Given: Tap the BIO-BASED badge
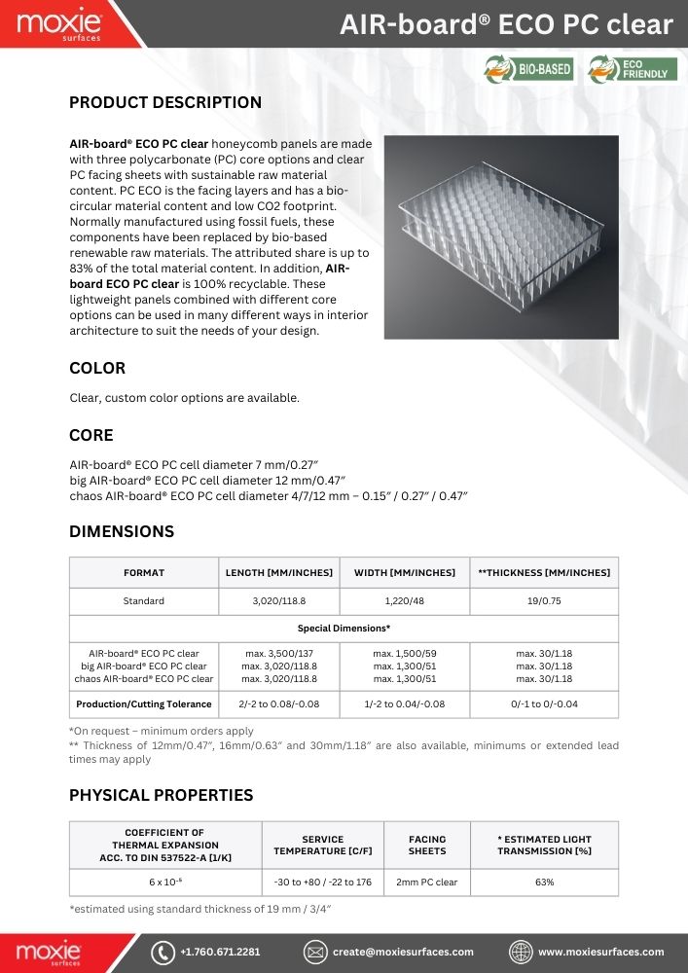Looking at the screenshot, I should [x=528, y=69].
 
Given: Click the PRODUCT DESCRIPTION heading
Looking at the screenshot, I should [x=165, y=103].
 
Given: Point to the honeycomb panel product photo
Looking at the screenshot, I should [x=501, y=236].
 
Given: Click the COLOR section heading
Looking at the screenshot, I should [x=97, y=369].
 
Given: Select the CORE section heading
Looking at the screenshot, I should [x=91, y=435].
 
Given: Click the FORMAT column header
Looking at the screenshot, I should [x=144, y=572].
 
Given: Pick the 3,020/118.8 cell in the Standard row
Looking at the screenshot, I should [x=278, y=601].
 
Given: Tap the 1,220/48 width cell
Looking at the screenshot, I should [x=404, y=601].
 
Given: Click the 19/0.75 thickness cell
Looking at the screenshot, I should [x=544, y=601].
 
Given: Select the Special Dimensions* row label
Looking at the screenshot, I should [x=344, y=629].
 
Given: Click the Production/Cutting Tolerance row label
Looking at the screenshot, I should [x=144, y=703].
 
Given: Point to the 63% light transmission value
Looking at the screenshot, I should [x=544, y=883].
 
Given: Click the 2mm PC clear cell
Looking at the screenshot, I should [x=427, y=883].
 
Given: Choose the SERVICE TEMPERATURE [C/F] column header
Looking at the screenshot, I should [x=322, y=845].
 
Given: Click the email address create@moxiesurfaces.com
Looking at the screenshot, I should [x=403, y=952].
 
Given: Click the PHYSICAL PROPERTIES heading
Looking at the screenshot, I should [x=161, y=795].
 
